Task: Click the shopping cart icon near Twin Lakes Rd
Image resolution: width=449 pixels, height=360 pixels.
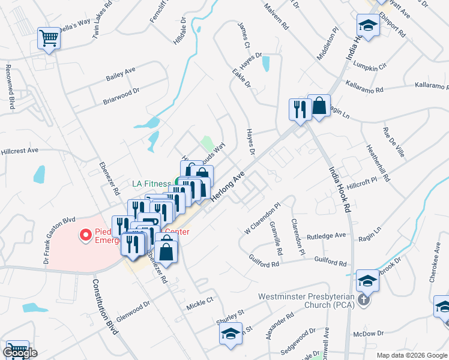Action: tap(49, 38)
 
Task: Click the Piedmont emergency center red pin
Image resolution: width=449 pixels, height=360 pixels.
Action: tap(85, 234)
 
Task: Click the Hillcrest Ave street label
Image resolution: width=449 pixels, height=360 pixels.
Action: tap(19, 151)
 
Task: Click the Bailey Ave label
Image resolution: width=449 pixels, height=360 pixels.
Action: tap(121, 74)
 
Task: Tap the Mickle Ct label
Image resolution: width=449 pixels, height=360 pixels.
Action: tap(200, 299)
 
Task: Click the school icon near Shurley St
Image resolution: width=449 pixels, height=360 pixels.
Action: tap(230, 334)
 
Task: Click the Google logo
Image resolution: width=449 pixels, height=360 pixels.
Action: tap(20, 352)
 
